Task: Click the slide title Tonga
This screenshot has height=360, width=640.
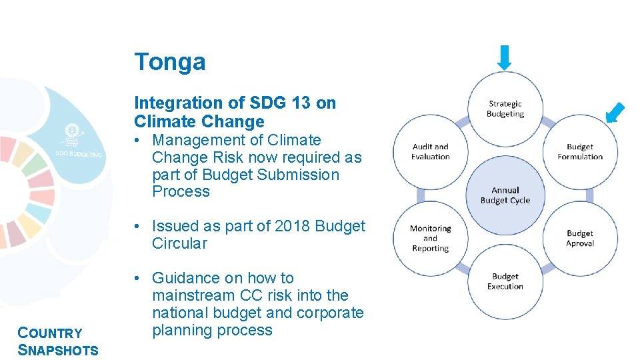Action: tap(170, 62)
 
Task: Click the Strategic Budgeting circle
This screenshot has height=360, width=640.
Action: tap(505, 109)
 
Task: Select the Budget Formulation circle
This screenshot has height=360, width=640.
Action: tap(579, 152)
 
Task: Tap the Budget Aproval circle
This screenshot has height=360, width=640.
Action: tap(579, 238)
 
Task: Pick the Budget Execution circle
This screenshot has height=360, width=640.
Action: tap(505, 281)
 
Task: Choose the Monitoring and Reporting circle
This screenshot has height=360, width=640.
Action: tap(431, 238)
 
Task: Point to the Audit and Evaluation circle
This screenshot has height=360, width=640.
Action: tap(431, 152)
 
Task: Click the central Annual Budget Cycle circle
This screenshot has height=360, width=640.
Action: tap(505, 195)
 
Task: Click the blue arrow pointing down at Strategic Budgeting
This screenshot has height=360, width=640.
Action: tap(505, 57)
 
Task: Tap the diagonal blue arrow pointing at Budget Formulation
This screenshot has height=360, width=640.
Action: tap(617, 113)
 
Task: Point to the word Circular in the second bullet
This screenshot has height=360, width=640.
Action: tap(179, 243)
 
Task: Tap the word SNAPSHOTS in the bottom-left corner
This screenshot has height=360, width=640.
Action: tap(58, 351)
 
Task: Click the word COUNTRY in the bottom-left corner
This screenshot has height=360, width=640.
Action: tap(50, 333)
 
